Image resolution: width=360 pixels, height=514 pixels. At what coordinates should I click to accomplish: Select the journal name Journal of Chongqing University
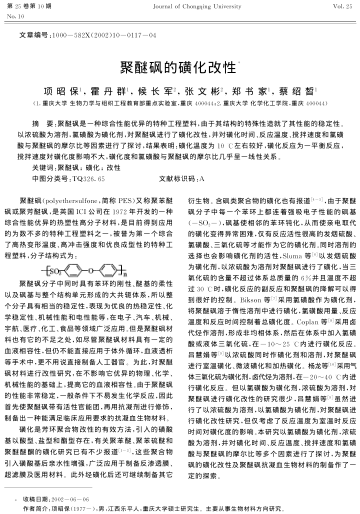point(181,8)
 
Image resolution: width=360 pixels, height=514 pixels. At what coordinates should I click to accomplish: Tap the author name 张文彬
point(199,76)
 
